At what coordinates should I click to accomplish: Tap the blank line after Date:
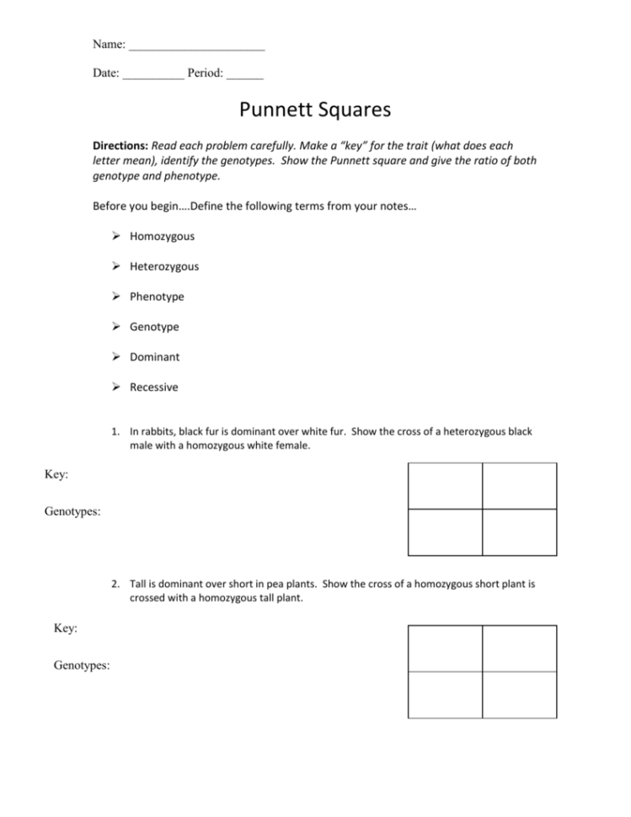(152, 74)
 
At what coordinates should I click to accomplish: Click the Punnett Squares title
(315, 110)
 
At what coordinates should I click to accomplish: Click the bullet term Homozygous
(162, 237)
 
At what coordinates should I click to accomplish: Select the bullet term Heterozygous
(164, 267)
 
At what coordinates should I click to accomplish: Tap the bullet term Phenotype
(157, 297)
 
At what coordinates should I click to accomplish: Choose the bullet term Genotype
(154, 327)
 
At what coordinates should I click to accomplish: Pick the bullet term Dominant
(154, 357)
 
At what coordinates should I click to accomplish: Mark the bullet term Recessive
(153, 387)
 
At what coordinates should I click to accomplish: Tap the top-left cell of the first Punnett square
(445, 486)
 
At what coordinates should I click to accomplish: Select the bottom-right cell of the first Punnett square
(519, 532)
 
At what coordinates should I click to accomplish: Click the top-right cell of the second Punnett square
(519, 649)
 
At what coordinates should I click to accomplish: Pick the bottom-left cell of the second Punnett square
(445, 695)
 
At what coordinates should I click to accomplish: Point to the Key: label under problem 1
(56, 475)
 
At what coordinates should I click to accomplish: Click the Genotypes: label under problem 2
(82, 665)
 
